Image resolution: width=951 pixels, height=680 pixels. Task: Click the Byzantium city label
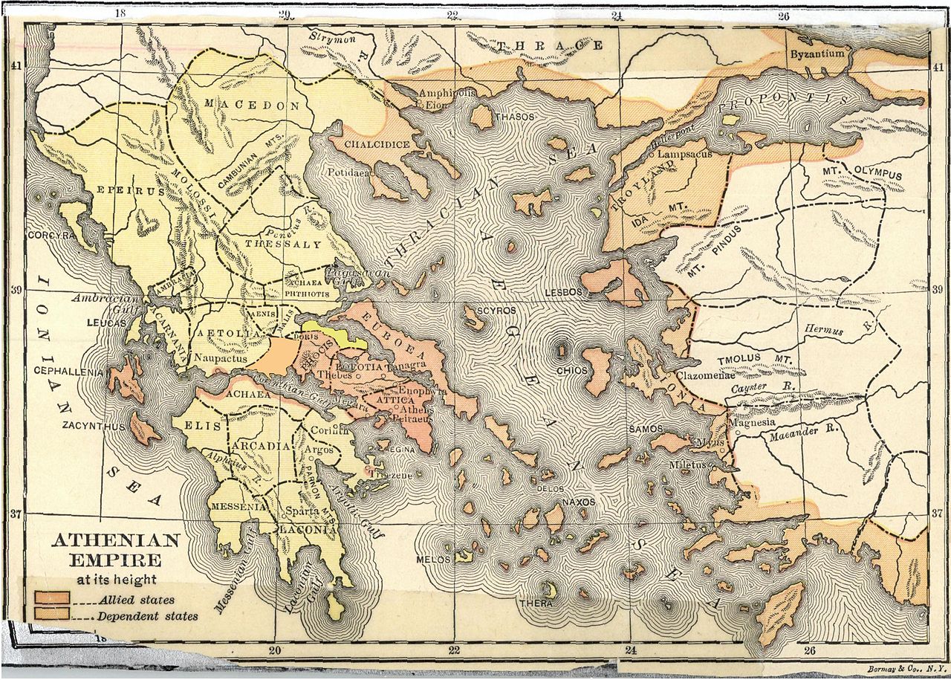[x=817, y=54]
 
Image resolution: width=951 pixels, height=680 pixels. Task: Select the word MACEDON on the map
[x=253, y=105]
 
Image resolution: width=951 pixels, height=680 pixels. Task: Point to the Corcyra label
[x=49, y=236]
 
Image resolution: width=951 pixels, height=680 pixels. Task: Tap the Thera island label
[x=536, y=603]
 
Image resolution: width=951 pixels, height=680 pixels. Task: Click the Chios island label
[x=571, y=369]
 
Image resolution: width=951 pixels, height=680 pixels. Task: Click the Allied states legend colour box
[x=52, y=598]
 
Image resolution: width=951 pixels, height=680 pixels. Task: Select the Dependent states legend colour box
[x=52, y=614]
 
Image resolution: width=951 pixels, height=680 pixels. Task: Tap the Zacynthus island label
[x=94, y=427]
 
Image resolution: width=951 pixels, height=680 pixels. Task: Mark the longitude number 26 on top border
[x=783, y=15]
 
